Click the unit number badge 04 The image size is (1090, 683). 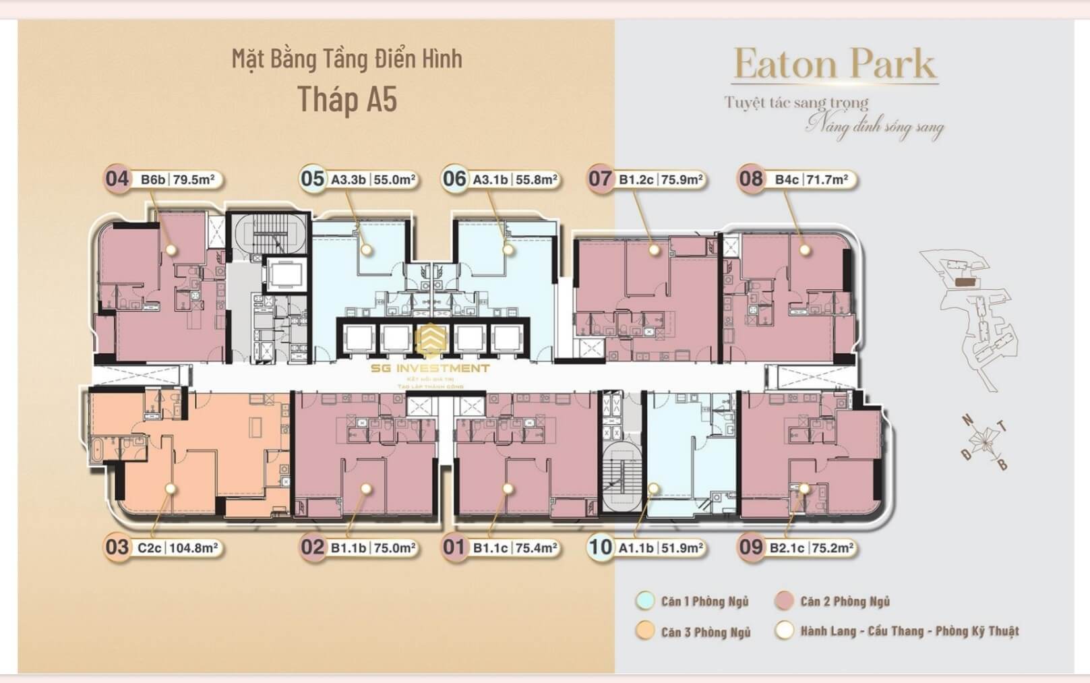tap(117, 179)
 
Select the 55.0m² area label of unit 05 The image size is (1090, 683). tap(394, 179)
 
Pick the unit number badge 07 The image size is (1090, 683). tap(599, 179)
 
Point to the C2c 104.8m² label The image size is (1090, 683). tap(177, 547)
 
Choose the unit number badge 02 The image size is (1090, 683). tap(312, 547)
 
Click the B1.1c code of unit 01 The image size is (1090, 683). tap(490, 547)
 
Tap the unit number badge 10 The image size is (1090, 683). tap(600, 547)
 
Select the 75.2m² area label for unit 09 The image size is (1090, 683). tap(832, 547)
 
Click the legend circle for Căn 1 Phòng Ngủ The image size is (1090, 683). tap(645, 601)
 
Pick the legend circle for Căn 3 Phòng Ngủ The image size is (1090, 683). tap(645, 631)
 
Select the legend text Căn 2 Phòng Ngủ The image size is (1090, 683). tap(845, 601)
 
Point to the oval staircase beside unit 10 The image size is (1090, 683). tap(621, 476)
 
